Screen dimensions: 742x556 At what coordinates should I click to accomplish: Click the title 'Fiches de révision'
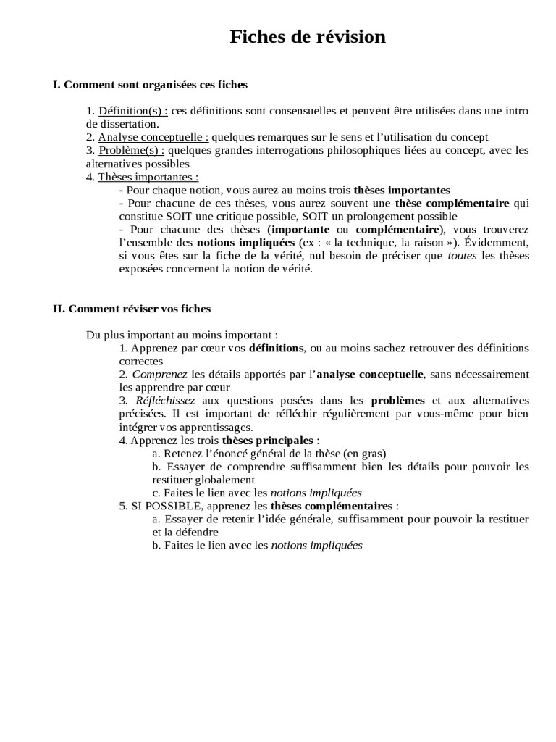(x=308, y=37)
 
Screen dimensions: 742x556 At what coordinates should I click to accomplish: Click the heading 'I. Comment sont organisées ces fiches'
(x=150, y=85)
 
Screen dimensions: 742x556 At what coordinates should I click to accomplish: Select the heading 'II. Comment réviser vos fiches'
(x=132, y=309)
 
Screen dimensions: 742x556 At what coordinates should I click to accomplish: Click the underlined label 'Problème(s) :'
(x=131, y=150)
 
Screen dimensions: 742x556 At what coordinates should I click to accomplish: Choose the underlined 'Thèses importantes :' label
(x=148, y=176)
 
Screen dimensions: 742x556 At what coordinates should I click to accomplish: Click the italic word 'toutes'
(x=462, y=255)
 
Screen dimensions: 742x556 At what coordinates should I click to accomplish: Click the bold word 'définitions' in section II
(x=277, y=348)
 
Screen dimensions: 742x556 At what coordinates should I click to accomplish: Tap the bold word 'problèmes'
(x=397, y=400)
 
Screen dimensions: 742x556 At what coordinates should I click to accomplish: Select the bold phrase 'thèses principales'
(x=268, y=440)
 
